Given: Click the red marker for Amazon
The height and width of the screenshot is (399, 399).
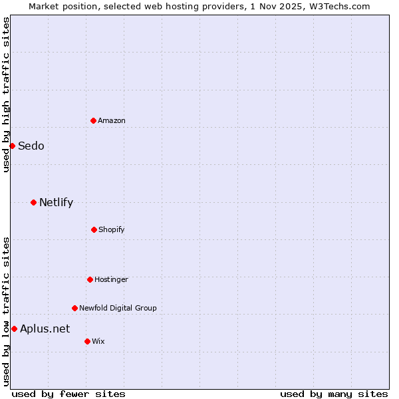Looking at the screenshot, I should [x=93, y=120].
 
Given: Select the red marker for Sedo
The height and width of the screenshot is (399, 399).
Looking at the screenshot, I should [x=12, y=146].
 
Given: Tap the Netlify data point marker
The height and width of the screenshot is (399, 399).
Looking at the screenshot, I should [x=33, y=202].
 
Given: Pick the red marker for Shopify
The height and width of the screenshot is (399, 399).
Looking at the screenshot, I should [x=94, y=229].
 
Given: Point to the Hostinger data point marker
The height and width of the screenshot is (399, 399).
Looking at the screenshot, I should [x=90, y=279].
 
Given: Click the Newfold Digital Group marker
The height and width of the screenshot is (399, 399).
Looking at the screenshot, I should [x=74, y=308].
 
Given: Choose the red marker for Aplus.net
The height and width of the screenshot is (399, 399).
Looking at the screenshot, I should [x=14, y=329].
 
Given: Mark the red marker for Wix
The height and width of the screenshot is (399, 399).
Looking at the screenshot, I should [x=87, y=341].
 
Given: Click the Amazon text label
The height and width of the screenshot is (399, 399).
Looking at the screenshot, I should [x=112, y=120].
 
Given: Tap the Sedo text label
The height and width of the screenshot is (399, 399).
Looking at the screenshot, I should [x=31, y=146].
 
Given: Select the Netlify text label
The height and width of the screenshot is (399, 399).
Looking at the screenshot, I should [x=56, y=202].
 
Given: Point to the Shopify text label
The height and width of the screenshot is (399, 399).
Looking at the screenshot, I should [x=112, y=229].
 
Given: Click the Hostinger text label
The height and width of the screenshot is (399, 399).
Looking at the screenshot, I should [x=111, y=279].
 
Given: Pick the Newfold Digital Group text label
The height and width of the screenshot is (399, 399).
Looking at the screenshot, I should [x=118, y=308].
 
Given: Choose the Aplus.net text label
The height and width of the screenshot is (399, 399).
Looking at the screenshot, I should [x=45, y=329].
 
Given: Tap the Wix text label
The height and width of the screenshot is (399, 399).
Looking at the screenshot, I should [x=98, y=341].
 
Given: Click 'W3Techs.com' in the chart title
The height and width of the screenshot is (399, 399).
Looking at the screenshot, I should [x=343, y=6].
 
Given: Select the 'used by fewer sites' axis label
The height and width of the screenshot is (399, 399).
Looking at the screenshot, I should [x=68, y=394].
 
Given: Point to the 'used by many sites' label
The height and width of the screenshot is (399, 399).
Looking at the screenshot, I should [x=334, y=394].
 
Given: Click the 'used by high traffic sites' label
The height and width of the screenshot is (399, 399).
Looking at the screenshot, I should [x=6, y=94].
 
